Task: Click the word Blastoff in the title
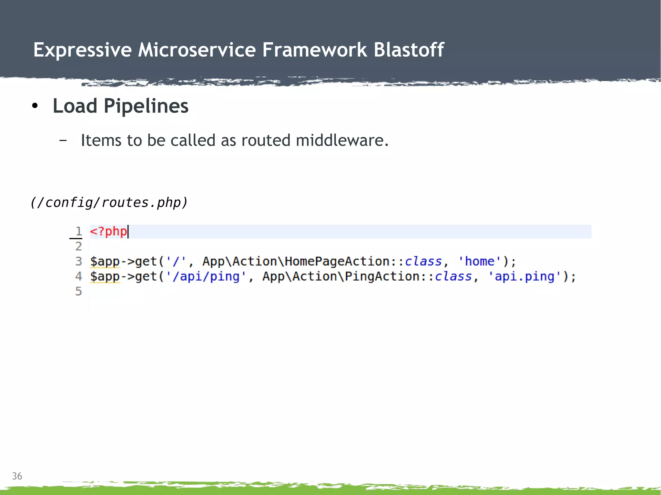pyautogui.click(x=409, y=50)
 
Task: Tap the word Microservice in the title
pyautogui.click(x=197, y=50)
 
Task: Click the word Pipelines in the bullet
pyautogui.click(x=146, y=106)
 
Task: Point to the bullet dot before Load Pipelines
pyautogui.click(x=35, y=106)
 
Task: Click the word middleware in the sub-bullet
pyautogui.click(x=342, y=141)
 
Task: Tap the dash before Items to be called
pyautogui.click(x=63, y=141)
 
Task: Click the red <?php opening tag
pyautogui.click(x=108, y=232)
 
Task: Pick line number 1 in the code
pyautogui.click(x=78, y=231)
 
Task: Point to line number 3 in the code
pyautogui.click(x=78, y=261)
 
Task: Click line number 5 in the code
pyautogui.click(x=78, y=292)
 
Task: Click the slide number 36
pyautogui.click(x=17, y=476)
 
